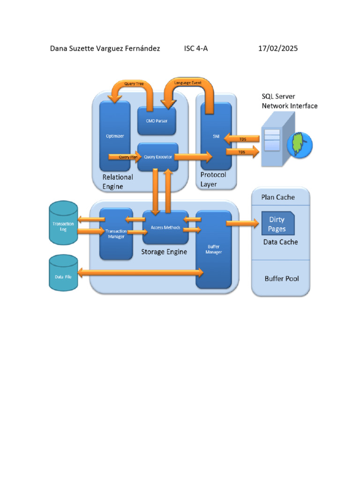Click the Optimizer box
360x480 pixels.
coord(115,136)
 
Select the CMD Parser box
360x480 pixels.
coord(157,120)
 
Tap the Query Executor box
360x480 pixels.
coord(157,157)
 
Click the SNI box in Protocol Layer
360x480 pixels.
coord(216,136)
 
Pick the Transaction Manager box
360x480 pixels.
coord(115,233)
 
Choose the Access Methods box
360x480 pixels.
coord(165,227)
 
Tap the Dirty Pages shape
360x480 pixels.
coord(277,224)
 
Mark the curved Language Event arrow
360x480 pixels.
coord(187,84)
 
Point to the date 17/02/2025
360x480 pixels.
coord(278,48)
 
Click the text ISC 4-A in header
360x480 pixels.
coord(196,48)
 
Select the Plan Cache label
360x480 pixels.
coord(278,197)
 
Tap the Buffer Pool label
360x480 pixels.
coord(281,278)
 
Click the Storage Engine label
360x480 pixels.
coord(164,252)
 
